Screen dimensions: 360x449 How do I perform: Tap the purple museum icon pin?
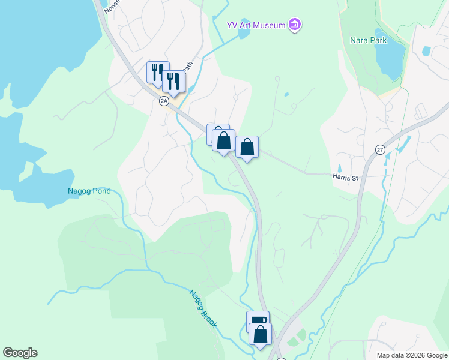(295, 25)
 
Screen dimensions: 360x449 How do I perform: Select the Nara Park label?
(369, 41)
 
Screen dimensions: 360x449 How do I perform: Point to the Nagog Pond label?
(89, 191)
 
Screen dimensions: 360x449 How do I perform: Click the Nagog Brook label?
(203, 309)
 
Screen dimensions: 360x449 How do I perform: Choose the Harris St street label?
(345, 178)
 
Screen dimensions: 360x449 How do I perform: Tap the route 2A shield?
(164, 101)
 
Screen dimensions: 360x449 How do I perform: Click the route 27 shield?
(380, 149)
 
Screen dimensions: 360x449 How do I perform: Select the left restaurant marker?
(157, 72)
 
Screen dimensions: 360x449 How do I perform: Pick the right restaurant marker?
(173, 81)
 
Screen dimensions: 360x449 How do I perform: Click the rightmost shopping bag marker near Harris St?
(247, 146)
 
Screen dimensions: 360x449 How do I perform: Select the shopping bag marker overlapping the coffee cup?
(261, 334)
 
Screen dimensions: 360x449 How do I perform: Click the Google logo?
(20, 353)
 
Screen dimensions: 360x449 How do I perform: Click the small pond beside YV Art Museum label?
(243, 32)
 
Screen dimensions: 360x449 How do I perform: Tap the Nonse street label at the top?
(112, 7)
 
